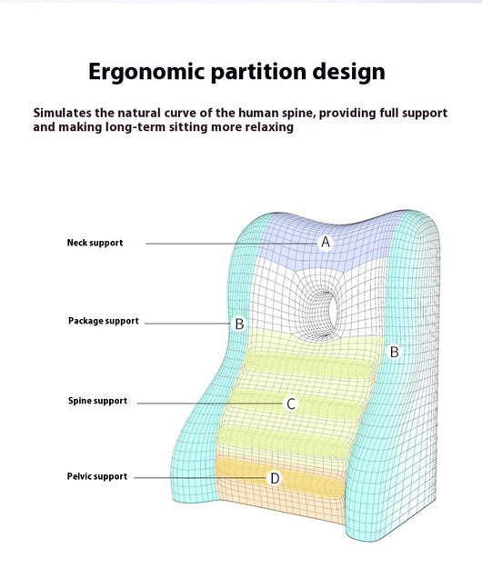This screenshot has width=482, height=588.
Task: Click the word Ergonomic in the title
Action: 146,72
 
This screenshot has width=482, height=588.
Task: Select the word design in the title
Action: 349,72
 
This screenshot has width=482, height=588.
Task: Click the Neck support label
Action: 95,243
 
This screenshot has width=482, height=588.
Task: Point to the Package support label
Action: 104,321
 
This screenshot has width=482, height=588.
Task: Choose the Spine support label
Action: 97,401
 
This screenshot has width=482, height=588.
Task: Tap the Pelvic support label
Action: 97,476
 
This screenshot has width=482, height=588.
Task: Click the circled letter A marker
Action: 326,243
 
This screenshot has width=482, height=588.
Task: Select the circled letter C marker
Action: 291,404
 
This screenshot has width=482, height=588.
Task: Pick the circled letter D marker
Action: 275,478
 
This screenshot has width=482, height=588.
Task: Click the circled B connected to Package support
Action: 239,324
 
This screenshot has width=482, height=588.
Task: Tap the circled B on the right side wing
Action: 394,352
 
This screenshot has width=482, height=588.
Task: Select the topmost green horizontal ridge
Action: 307,364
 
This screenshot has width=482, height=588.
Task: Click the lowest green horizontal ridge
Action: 284,441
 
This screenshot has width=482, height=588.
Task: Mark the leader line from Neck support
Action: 232,244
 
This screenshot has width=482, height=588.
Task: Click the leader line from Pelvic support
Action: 200,478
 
